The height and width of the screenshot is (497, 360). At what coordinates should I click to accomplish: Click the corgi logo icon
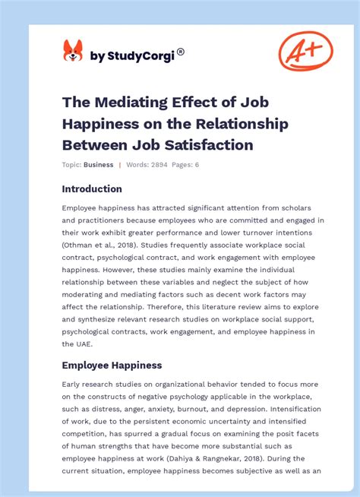(x=73, y=51)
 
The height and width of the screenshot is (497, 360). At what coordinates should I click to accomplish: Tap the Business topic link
(x=99, y=165)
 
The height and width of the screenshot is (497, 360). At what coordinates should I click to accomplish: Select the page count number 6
(x=197, y=165)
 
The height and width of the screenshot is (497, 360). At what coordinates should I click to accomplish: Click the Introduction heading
(x=92, y=188)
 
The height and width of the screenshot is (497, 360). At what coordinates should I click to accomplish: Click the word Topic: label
(x=72, y=165)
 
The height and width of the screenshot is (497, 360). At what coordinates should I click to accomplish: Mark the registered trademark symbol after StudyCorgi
(x=181, y=52)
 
